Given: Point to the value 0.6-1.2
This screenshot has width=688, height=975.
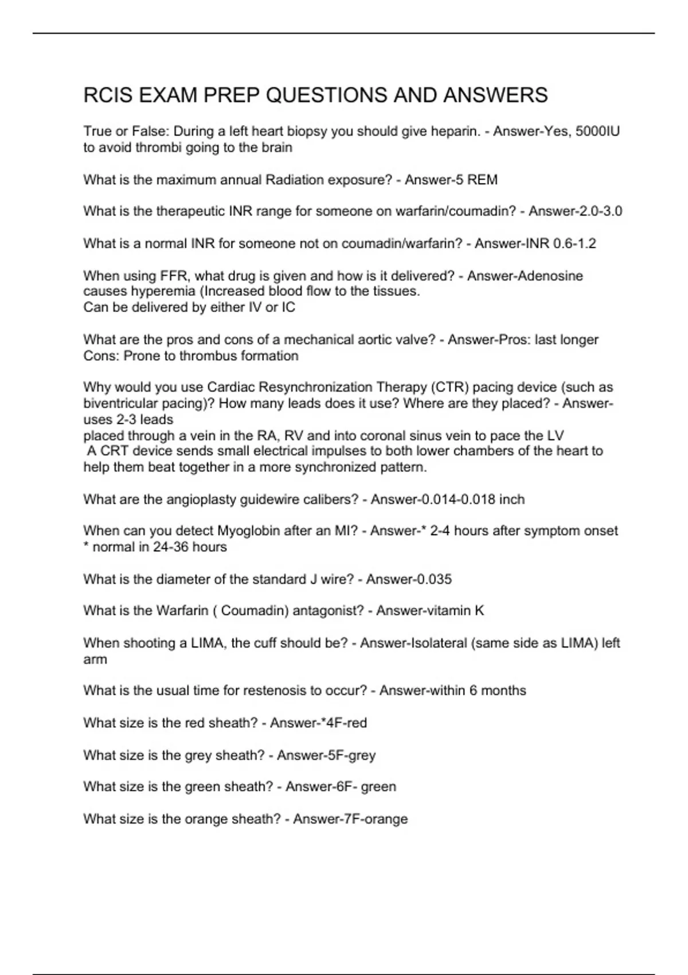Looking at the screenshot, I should (x=574, y=244).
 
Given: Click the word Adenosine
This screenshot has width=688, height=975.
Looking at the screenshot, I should (x=550, y=276).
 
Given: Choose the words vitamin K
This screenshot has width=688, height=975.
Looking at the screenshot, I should (x=456, y=611).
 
